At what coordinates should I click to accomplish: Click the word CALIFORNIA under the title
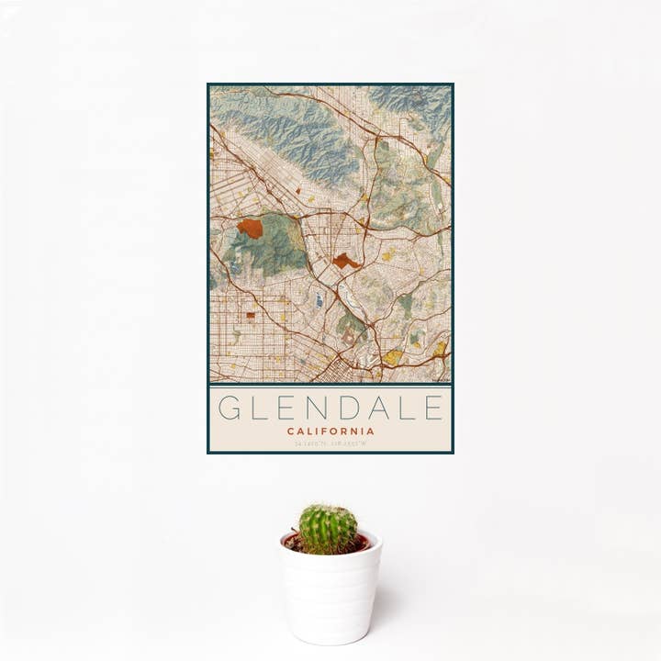[330, 431]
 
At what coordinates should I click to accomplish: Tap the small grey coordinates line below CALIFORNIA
[330, 445]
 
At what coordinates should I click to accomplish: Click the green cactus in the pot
[328, 529]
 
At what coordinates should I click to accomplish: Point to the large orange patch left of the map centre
[250, 228]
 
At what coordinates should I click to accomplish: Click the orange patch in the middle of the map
[345, 262]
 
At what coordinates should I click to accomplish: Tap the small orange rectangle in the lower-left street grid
[251, 315]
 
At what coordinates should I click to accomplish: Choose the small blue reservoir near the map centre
[319, 299]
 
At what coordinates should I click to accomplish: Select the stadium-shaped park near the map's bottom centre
[350, 338]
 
